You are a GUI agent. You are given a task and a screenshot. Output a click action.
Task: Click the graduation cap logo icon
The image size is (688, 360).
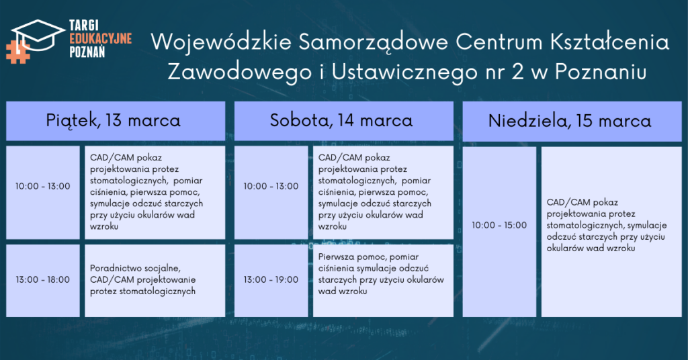pos(38,35)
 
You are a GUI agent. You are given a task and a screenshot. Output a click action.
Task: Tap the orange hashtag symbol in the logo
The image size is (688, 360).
pos(17,52)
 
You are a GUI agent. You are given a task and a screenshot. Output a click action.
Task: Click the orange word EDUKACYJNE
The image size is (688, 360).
pos(101,38)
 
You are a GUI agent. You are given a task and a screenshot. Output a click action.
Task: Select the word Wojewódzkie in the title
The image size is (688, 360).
pos(221,42)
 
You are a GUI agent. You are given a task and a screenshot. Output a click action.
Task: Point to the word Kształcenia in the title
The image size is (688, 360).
pos(609,42)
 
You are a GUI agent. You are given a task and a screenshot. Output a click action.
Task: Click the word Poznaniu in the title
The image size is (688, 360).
pos(601,72)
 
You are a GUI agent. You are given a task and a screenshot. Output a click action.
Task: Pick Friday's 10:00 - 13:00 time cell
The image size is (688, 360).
pos(43,193)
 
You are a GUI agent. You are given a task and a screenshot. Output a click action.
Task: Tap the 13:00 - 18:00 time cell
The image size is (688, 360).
pos(43,281)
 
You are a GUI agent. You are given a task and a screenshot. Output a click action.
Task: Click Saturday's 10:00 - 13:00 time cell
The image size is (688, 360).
pos(271,193)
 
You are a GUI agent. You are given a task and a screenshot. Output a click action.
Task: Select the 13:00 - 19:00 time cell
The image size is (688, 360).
pos(271,281)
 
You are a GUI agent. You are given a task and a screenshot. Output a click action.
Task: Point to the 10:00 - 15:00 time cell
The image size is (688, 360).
pos(499,232)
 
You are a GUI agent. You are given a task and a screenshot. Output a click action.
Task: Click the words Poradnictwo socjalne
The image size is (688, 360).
pos(135,269)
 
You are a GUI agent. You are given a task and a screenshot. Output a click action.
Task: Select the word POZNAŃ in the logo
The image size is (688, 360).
pos(87,52)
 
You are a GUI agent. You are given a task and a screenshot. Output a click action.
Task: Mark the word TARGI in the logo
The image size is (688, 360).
pos(84,26)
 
